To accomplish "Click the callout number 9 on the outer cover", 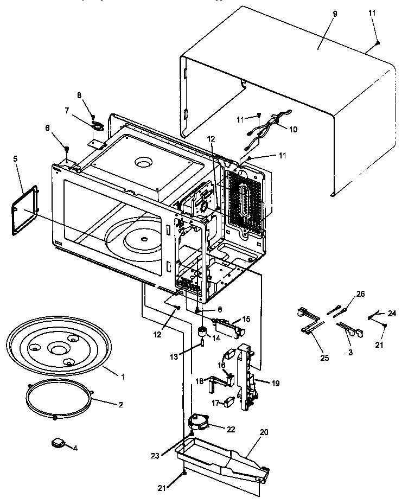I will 334,14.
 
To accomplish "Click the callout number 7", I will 67,111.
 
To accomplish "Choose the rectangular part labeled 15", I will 225,327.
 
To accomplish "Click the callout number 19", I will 276,383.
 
